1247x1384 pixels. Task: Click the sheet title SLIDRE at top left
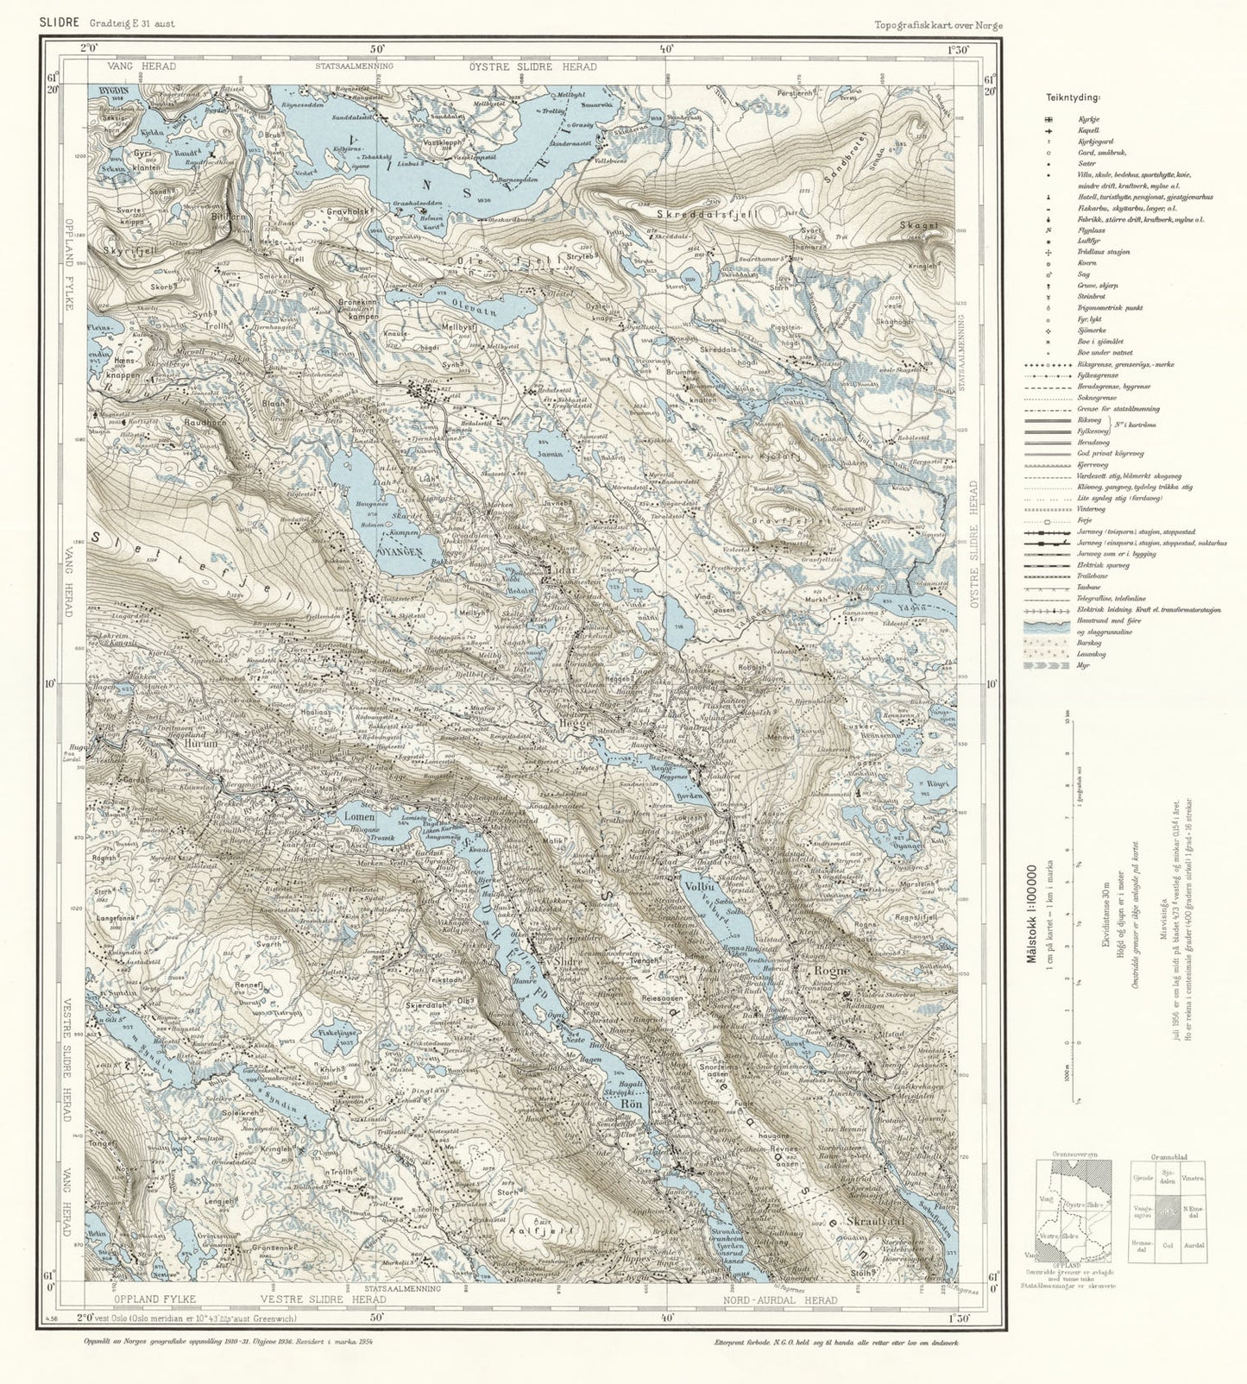tap(57, 23)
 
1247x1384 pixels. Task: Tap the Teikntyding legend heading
tap(1068, 98)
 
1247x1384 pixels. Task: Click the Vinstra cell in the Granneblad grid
tap(1194, 1178)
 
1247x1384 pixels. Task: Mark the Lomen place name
tap(359, 815)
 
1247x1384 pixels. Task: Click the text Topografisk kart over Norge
tap(937, 25)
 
